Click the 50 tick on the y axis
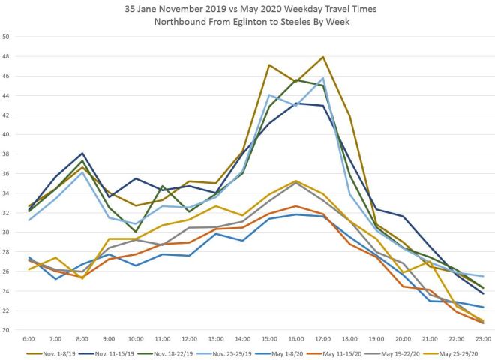click(7, 37)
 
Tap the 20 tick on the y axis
click(7, 330)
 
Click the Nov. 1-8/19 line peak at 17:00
click(323, 57)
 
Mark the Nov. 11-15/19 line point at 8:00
click(82, 153)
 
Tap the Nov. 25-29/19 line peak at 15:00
click(269, 94)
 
